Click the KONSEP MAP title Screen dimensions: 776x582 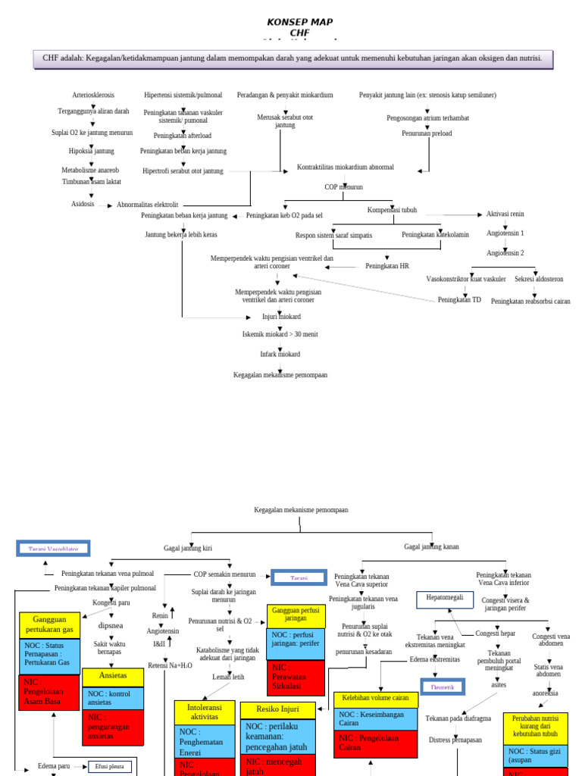click(300, 22)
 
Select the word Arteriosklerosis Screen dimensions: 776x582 click(93, 95)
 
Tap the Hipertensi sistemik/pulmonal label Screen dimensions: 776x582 click(183, 95)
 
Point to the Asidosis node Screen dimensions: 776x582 click(83, 204)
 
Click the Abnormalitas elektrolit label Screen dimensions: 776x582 click(147, 205)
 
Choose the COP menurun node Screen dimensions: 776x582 click(343, 186)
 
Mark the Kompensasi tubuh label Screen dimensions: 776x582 click(392, 210)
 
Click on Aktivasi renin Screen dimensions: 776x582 click(505, 214)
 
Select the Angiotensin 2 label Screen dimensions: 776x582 click(505, 252)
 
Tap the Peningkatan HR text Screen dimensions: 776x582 click(386, 266)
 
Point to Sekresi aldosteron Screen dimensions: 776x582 click(539, 279)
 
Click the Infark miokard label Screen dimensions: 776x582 click(280, 354)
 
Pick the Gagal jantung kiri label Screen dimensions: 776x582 click(187, 548)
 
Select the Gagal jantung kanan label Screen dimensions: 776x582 click(431, 546)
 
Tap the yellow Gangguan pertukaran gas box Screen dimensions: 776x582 click(49, 624)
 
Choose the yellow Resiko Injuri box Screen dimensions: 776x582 click(277, 711)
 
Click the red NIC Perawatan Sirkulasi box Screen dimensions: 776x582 click(296, 677)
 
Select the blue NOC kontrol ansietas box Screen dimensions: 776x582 click(112, 698)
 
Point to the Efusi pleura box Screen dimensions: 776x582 click(109, 766)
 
